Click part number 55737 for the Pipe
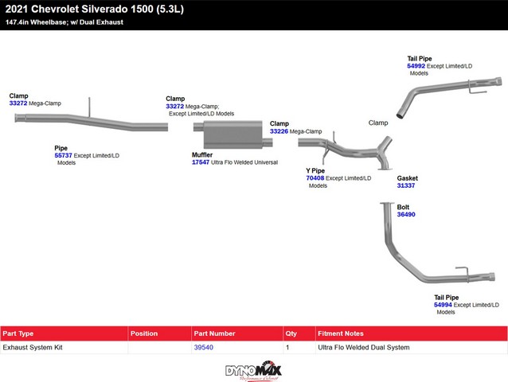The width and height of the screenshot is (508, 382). coord(63,155)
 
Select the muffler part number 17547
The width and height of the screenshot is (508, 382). coord(201,162)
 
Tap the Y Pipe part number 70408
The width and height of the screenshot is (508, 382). coord(315,178)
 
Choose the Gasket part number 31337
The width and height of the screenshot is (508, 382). coord(406,185)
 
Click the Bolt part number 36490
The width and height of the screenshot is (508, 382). coord(406,214)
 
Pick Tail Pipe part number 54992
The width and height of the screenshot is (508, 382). coord(416,65)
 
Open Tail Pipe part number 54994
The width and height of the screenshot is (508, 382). coord(444,305)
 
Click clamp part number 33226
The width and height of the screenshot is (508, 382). coord(279,131)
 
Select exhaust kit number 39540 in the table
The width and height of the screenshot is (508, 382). coord(203,348)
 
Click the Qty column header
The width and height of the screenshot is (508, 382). coord(291,333)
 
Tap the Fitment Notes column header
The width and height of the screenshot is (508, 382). coord(340,333)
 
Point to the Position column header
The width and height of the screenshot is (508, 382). coord(144,333)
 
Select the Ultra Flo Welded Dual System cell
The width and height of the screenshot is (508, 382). coord(362,348)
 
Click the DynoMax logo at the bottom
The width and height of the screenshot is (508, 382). coord(253,370)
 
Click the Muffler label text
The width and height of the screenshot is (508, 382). coord(202,154)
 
